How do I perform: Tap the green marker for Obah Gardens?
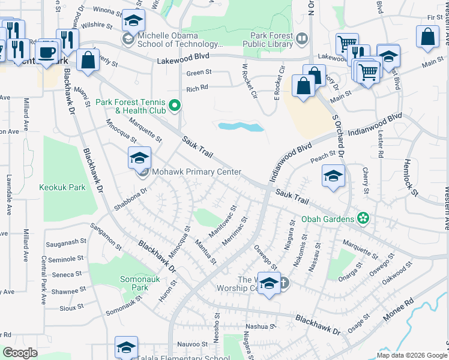[363, 217]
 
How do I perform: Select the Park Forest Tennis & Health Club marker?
[175, 106]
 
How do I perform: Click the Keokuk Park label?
[62, 187]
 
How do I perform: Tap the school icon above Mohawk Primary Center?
[139, 158]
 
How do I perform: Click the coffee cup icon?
[46, 52]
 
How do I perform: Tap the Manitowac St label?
[223, 221]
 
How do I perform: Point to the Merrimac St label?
[235, 230]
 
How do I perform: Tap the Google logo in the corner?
[20, 352]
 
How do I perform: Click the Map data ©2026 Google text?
[412, 355]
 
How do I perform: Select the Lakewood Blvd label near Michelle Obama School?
[183, 61]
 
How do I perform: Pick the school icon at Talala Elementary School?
[127, 347]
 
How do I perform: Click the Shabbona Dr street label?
[130, 200]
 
